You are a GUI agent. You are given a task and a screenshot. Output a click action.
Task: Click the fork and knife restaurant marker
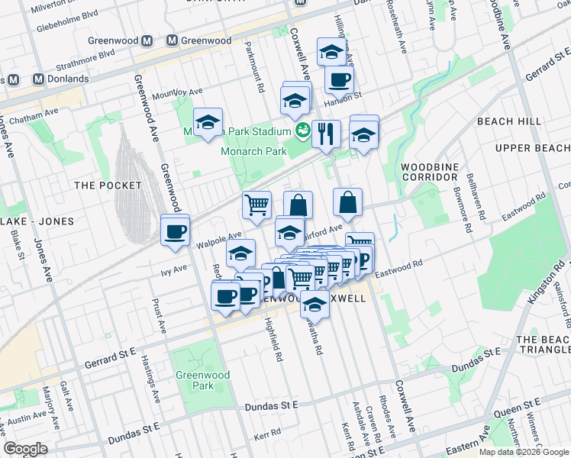327,134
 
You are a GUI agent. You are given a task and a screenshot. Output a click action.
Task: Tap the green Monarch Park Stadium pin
303,131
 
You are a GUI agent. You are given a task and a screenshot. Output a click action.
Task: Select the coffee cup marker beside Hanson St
339,79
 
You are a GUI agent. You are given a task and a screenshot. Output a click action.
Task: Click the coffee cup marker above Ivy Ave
176,231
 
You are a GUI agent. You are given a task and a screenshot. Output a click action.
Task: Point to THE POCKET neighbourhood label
108,185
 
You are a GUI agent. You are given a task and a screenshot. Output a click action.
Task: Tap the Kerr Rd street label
268,434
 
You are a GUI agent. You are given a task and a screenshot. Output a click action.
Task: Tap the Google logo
25,448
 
